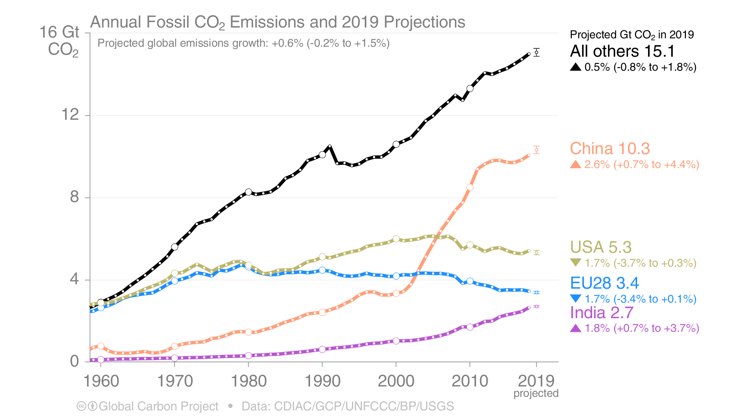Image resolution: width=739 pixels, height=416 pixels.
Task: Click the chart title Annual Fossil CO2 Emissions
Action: (x=277, y=22)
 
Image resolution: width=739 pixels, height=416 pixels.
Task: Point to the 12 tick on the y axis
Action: (x=70, y=115)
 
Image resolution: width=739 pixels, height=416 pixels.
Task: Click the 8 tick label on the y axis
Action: (x=74, y=197)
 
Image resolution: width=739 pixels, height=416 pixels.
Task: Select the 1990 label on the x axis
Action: (x=322, y=381)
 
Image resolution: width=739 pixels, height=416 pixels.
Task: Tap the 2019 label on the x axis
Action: (x=536, y=381)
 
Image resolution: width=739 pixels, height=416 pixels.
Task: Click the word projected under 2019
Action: (x=536, y=393)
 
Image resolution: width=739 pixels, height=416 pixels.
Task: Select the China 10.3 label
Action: (x=610, y=149)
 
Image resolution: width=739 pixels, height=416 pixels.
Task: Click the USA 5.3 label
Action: (x=601, y=247)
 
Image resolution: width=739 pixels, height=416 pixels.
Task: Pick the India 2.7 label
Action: (x=601, y=313)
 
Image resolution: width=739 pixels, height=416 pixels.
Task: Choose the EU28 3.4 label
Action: (x=604, y=283)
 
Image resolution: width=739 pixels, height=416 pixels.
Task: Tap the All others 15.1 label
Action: (x=622, y=51)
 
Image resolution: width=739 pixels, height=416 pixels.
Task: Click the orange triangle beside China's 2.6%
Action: (x=575, y=164)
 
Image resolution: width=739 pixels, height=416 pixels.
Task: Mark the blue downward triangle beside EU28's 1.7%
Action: (x=575, y=298)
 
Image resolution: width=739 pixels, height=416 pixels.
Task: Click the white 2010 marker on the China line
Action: (x=470, y=187)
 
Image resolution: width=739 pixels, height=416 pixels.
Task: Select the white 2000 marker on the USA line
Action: (x=396, y=239)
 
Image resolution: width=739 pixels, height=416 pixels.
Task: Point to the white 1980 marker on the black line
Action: (x=248, y=192)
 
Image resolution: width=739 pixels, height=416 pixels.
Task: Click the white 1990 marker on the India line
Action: (x=322, y=349)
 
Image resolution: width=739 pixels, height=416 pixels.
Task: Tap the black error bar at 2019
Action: (x=537, y=52)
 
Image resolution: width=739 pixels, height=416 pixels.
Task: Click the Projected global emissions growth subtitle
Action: (x=243, y=43)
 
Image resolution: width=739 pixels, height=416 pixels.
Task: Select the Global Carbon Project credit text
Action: (x=158, y=406)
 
